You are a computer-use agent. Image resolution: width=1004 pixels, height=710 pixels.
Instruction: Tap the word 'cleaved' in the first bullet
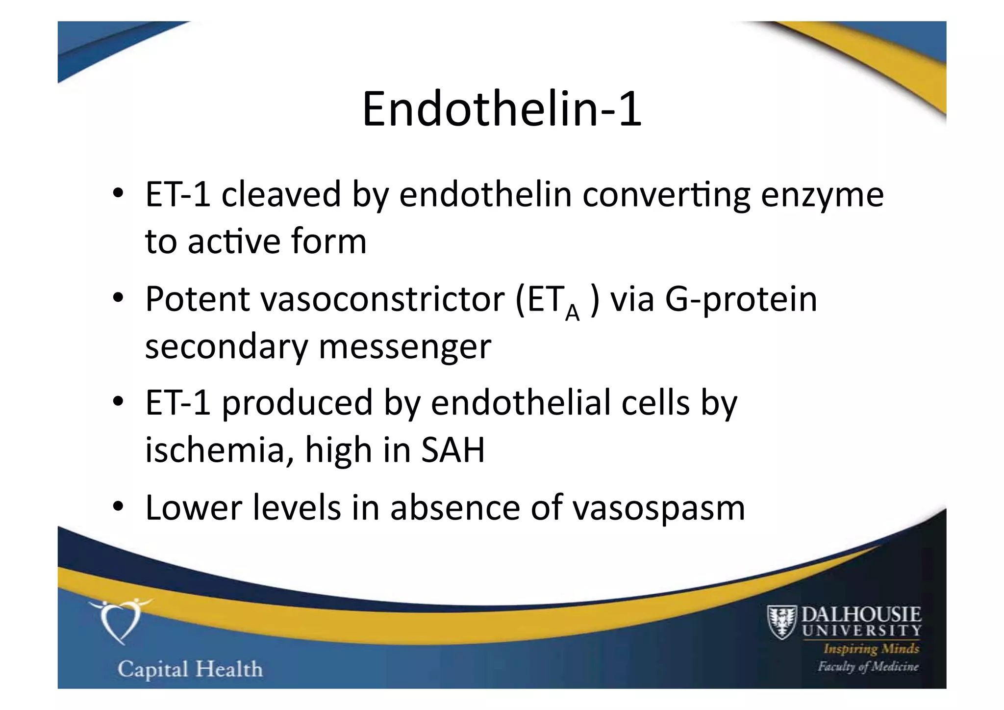[281, 194]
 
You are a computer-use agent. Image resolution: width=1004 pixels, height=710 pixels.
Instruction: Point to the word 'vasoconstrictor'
[382, 299]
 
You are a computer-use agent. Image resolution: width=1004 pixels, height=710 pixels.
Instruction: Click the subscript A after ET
[572, 312]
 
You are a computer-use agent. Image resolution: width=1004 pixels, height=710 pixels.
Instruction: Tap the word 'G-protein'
[741, 299]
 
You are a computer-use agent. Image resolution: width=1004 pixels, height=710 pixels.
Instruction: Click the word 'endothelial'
[521, 402]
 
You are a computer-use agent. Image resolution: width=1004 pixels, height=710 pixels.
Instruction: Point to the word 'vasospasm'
[659, 508]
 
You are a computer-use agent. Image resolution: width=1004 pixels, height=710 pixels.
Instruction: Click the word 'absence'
[454, 507]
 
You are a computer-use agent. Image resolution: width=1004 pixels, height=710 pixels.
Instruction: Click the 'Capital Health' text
[190, 669]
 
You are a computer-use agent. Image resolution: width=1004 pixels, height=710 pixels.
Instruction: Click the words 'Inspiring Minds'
[871, 649]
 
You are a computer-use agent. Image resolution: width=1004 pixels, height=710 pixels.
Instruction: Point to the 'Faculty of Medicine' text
[868, 666]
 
